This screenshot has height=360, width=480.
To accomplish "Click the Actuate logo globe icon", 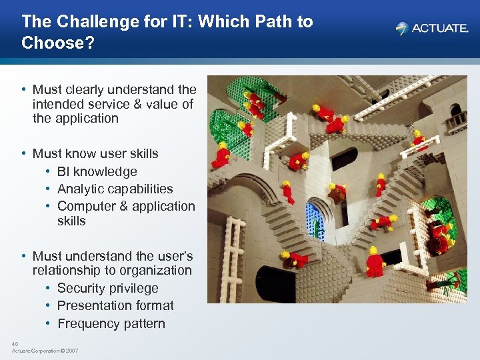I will click(x=401, y=29).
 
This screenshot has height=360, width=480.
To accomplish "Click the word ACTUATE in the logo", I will click(x=440, y=29).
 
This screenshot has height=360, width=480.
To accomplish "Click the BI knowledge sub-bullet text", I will click(x=97, y=171).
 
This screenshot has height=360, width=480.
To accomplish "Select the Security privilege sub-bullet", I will click(x=107, y=288).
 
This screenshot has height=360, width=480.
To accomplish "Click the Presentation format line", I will click(x=115, y=305).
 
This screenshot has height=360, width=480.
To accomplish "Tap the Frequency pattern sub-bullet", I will click(x=111, y=323).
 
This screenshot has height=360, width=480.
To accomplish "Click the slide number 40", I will click(x=15, y=344).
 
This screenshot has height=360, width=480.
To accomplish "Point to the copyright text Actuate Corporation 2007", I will click(x=45, y=351).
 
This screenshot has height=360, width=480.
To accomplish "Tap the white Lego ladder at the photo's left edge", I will click(x=230, y=257).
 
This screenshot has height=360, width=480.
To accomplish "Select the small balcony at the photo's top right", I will click(x=455, y=121).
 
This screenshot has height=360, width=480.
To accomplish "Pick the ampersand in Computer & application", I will click(x=119, y=206).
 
